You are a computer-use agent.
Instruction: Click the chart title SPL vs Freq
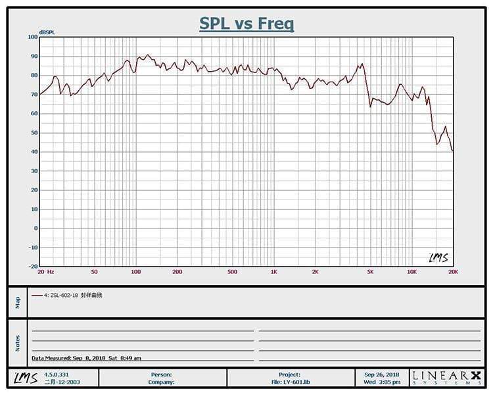point(246,24)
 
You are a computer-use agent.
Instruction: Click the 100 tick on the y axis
point(33,37)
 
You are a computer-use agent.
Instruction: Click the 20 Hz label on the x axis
point(45,272)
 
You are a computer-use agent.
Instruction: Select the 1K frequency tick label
point(273,272)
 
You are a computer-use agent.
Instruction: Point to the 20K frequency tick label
point(452,272)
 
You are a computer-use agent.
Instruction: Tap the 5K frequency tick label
point(370,272)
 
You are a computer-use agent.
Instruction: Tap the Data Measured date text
point(86,358)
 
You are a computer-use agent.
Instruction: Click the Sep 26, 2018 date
point(381,374)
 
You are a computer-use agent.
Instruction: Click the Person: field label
point(161,374)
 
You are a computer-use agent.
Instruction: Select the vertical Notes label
point(18,342)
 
